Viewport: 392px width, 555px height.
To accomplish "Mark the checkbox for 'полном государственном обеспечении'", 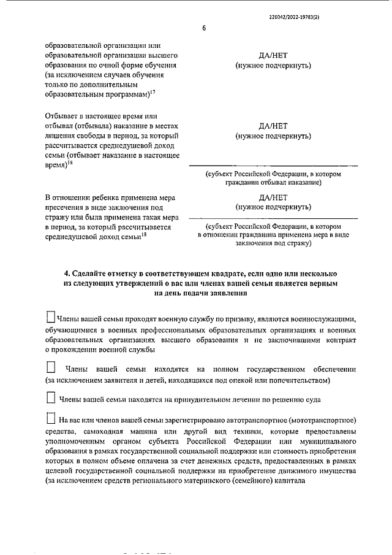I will pos(51,369).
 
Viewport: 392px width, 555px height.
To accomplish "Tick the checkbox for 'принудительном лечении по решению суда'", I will pos(51,398).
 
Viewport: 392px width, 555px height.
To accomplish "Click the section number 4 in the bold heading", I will pos(67,272).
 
